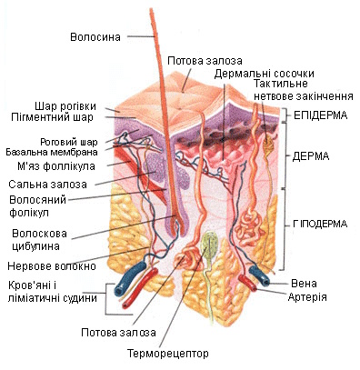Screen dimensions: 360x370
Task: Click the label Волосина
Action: (x=95, y=37)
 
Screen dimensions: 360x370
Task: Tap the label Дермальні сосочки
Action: (x=265, y=74)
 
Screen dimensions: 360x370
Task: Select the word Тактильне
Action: (x=281, y=84)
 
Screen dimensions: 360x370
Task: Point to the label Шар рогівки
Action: (x=65, y=106)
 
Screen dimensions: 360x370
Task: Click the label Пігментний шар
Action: (x=52, y=117)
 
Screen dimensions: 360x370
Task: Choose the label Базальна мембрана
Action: (x=52, y=152)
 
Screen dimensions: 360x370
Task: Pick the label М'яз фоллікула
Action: (x=56, y=166)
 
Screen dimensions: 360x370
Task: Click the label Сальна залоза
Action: (x=47, y=185)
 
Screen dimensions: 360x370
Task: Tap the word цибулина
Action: (x=35, y=245)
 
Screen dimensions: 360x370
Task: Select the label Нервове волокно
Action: (x=52, y=266)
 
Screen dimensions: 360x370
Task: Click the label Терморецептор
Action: (x=168, y=354)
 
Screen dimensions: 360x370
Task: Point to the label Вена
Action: (x=304, y=284)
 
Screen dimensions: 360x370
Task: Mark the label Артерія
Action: (x=307, y=297)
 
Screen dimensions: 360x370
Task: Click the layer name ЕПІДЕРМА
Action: (x=321, y=115)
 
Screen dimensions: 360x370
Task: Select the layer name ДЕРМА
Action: (x=311, y=156)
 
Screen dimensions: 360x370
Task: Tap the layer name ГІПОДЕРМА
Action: (x=320, y=224)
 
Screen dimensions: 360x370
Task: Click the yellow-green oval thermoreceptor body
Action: (x=210, y=245)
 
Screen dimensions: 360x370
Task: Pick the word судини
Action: (x=80, y=298)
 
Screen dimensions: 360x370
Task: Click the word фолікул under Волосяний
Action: (x=29, y=213)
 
